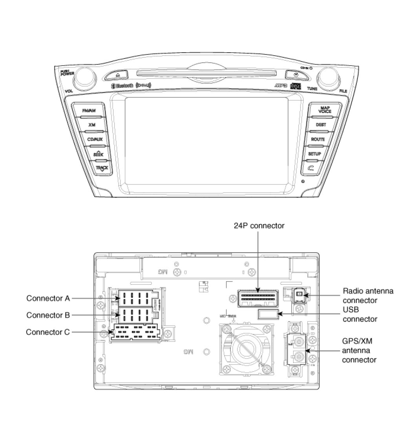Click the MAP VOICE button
325,109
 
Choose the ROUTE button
318,139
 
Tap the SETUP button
314,154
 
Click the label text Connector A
48,298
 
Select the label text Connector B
48,315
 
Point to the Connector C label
48,332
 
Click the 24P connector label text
259,226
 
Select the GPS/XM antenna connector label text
359,350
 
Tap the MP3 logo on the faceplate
281,86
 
